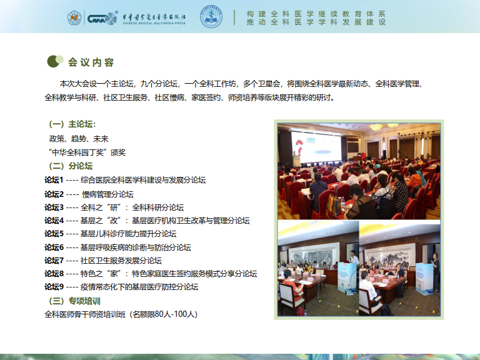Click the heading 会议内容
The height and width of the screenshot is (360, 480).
pos(91,62)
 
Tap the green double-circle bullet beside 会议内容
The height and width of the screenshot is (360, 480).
pos(55,61)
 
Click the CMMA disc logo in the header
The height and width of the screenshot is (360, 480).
pos(102,18)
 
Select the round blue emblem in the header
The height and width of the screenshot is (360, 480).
pos(211,16)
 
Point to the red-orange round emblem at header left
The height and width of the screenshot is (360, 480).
pos(74,17)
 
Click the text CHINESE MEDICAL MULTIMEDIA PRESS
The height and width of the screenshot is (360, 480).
pos(154,23)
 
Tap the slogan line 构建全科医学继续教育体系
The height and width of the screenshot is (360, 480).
pos(316,14)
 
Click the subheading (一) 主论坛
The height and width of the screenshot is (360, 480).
pos(72,124)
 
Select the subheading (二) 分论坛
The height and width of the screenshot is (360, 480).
pos(71,166)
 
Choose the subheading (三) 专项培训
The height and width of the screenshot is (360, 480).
pos(75,301)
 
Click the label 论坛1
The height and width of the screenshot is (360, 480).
pos(54,180)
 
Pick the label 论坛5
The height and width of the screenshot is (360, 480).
pos(54,234)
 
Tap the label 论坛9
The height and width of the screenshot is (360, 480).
pos(54,287)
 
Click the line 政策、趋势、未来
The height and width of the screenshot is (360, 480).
pos(79,139)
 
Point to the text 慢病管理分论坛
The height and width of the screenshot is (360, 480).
pos(107,194)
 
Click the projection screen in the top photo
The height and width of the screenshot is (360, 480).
pos(316,147)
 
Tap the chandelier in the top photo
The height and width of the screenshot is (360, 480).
pos(376,127)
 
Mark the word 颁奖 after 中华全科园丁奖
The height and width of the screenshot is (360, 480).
pos(118,152)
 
